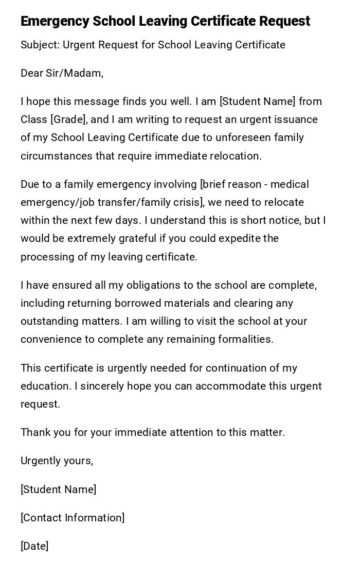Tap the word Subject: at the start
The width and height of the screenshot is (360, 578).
[x=40, y=45]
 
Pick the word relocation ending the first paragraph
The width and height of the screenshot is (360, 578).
[x=236, y=156]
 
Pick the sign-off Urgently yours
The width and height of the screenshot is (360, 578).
[x=57, y=461]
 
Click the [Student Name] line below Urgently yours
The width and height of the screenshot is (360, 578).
[x=58, y=489]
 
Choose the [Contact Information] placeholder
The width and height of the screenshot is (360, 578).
[x=73, y=518]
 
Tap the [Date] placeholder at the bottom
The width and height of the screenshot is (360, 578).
[x=34, y=546]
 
